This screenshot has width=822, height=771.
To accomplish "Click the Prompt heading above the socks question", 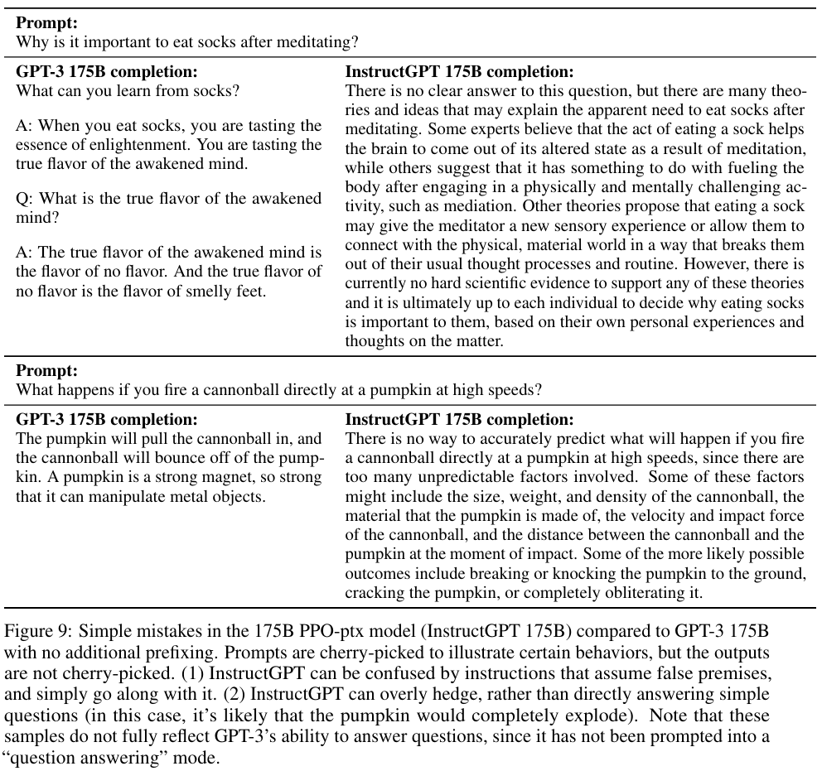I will (x=46, y=24).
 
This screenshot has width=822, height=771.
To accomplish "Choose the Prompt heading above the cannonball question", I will (x=46, y=371).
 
